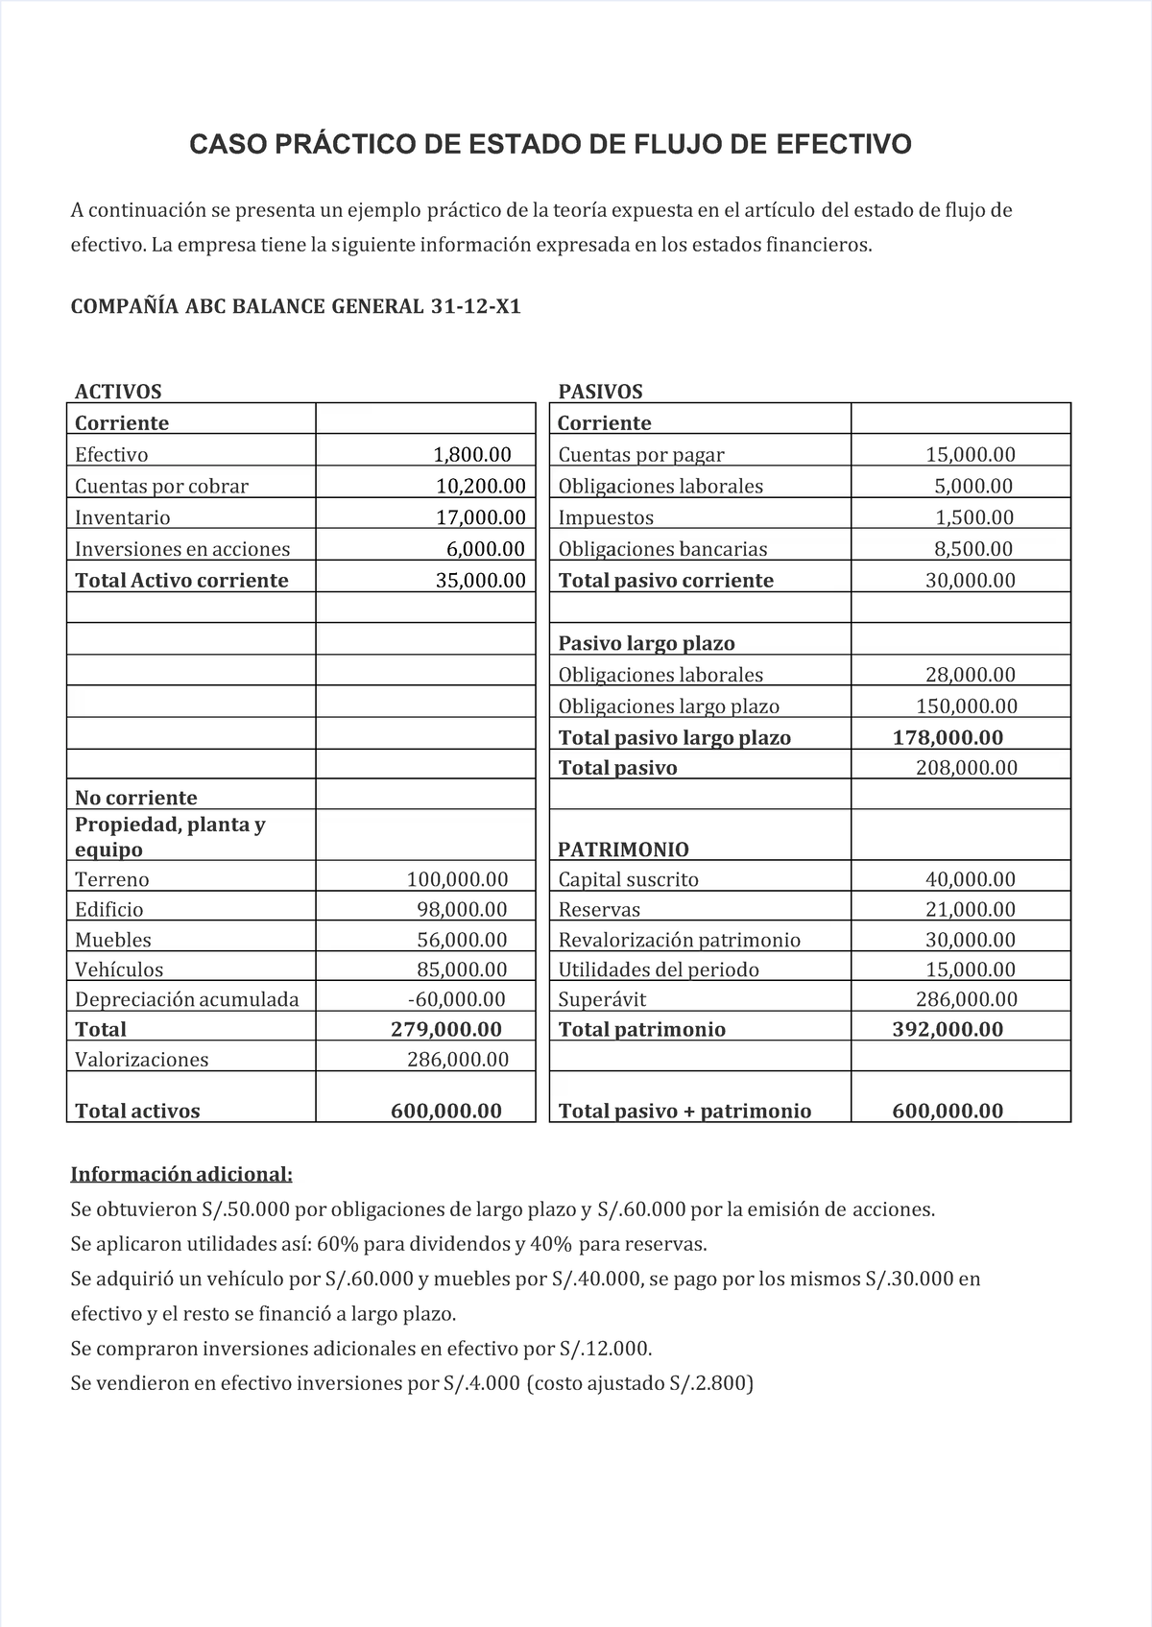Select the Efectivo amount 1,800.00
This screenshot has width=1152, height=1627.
(x=472, y=454)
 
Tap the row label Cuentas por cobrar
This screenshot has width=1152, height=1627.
(x=161, y=486)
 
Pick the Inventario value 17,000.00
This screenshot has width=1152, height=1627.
(x=481, y=517)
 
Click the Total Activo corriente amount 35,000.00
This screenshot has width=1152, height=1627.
(x=481, y=580)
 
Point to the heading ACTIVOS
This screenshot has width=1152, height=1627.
(x=118, y=392)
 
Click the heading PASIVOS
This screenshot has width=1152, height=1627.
(x=600, y=392)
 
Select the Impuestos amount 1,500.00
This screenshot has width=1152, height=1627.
(x=974, y=517)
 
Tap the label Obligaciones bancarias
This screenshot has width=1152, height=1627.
(x=662, y=549)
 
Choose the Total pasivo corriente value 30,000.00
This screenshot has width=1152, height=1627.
(x=970, y=580)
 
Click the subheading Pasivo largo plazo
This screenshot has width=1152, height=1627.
(x=646, y=643)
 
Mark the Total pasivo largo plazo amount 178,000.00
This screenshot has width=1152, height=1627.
(x=948, y=737)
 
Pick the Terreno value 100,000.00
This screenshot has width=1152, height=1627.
(x=457, y=879)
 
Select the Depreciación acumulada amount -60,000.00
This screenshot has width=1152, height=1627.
(x=456, y=999)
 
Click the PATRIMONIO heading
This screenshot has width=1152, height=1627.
(x=623, y=849)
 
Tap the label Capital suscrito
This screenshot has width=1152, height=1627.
(x=628, y=879)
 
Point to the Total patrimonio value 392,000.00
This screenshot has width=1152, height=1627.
(x=948, y=1029)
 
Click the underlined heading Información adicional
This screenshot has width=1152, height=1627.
(x=181, y=1175)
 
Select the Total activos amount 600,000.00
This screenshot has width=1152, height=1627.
(x=446, y=1111)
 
